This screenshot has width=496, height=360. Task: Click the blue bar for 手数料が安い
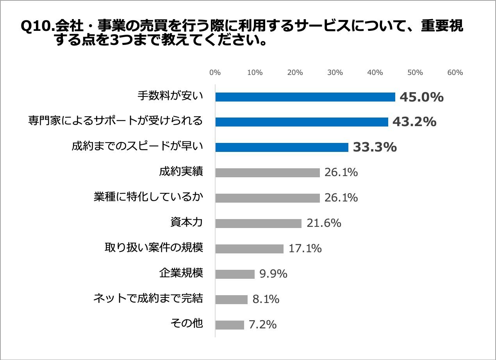(305, 97)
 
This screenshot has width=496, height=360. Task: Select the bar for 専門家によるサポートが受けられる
(302, 122)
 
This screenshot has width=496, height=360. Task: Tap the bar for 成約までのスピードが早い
(282, 147)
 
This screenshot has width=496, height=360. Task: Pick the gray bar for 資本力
(258, 223)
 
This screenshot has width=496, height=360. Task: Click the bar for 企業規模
(235, 274)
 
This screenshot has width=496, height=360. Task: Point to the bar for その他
(230, 325)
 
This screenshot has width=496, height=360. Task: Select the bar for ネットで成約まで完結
(231, 299)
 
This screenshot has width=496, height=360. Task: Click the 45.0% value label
(421, 97)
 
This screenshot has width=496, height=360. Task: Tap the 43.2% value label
(414, 122)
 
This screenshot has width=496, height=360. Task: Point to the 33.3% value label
(375, 147)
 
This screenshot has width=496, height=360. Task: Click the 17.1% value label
(305, 248)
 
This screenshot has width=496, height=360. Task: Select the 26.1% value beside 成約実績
(341, 172)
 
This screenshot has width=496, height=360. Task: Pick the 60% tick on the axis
(455, 73)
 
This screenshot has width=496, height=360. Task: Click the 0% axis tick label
(215, 73)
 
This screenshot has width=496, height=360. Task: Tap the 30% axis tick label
(335, 73)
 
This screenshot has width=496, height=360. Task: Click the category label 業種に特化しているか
(148, 197)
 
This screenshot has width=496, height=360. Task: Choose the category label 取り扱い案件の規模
(154, 248)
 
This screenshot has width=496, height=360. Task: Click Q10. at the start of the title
(37, 27)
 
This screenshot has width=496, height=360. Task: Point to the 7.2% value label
(263, 324)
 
